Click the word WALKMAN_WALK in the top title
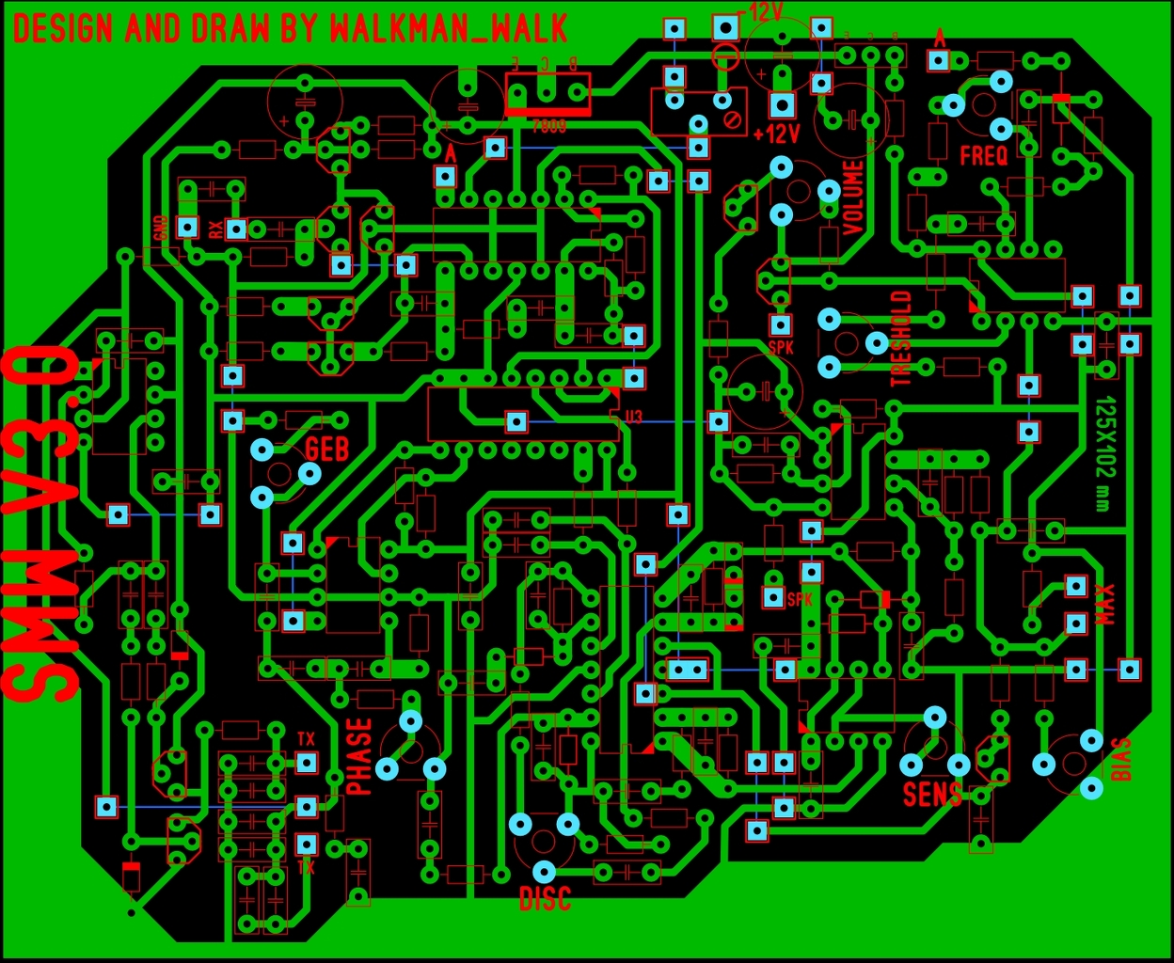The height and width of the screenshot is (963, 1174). tap(449, 28)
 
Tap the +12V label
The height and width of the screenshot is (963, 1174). tap(776, 134)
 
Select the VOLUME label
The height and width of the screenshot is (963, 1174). tap(853, 197)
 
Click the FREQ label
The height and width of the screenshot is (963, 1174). tap(983, 155)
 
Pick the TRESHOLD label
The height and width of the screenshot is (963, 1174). tap(901, 339)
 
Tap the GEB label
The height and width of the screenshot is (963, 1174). tap(326, 449)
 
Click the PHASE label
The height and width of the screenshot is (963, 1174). tap(360, 757)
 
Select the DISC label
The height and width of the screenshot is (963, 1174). tap(545, 899)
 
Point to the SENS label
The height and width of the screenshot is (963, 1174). tap(932, 795)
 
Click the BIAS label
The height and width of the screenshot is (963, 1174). tap(1121, 760)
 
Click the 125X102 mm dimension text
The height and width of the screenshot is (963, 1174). tap(1104, 454)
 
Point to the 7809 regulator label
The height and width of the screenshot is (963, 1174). tap(548, 126)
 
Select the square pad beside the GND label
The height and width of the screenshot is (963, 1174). tap(188, 227)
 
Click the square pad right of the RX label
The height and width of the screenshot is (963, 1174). tap(236, 229)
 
